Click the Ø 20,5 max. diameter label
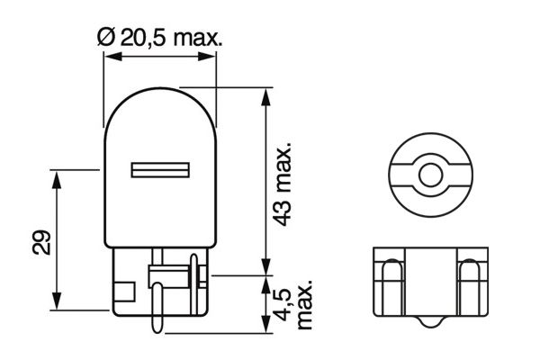[158, 37]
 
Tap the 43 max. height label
[282, 184]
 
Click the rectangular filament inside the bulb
[158, 170]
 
